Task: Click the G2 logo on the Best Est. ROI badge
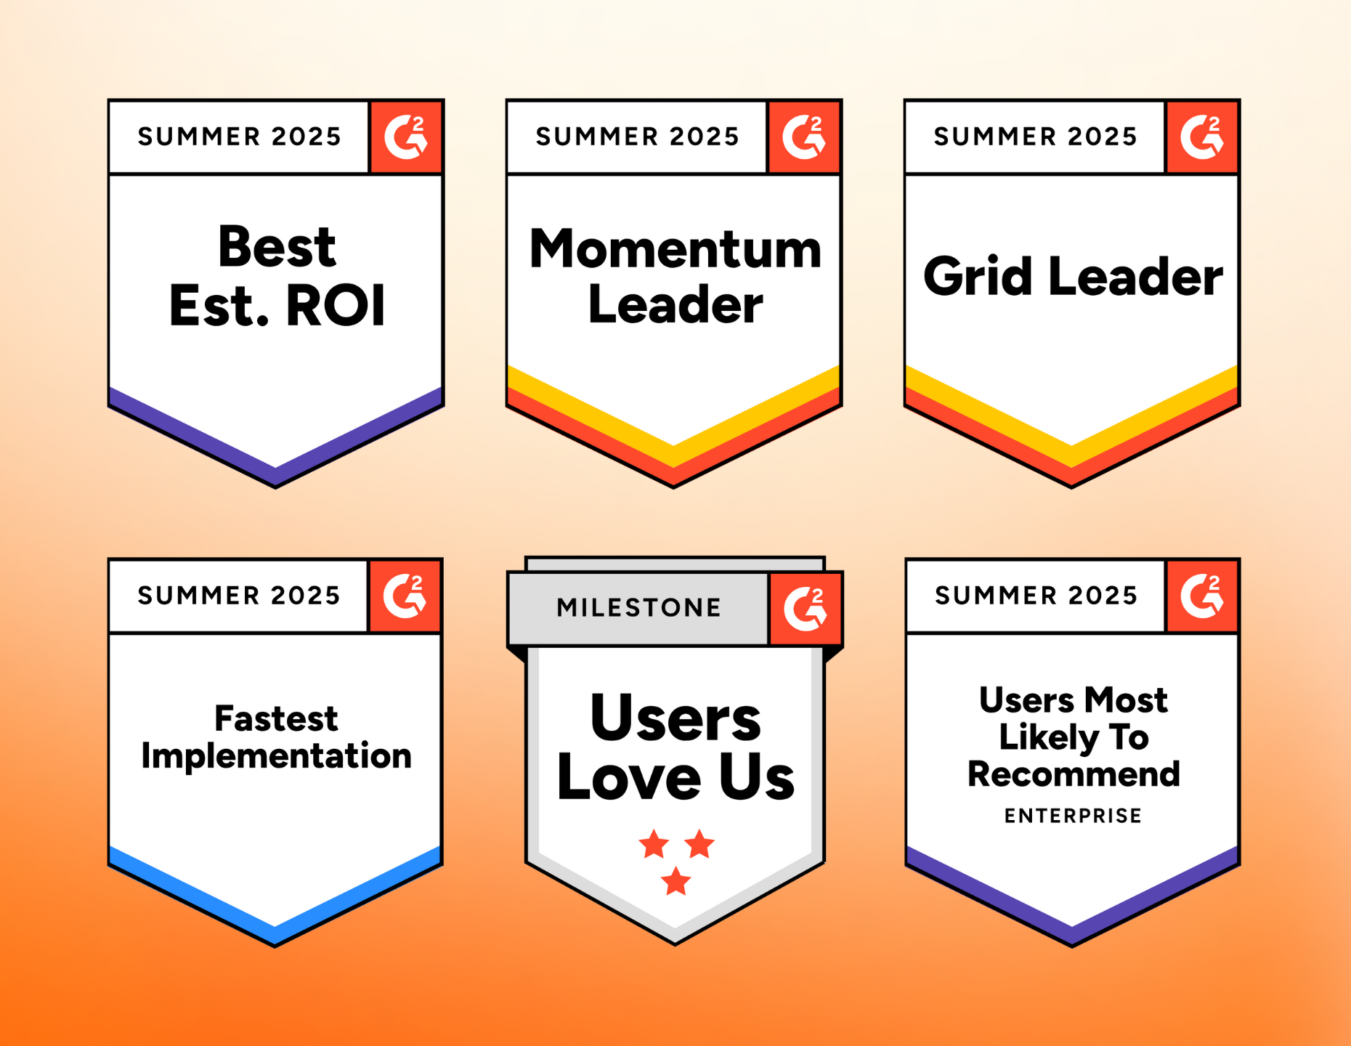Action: click(x=405, y=137)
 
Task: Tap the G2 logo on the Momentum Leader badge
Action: click(x=803, y=137)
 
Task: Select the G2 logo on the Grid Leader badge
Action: click(x=1201, y=137)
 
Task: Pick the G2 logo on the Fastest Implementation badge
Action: click(x=405, y=596)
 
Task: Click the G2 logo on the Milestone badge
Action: click(x=805, y=608)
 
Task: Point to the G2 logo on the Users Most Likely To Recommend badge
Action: click(x=1201, y=596)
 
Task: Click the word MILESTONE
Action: click(x=639, y=607)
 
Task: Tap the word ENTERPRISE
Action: click(x=1073, y=816)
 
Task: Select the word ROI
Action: click(x=336, y=306)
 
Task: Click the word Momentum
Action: click(x=675, y=249)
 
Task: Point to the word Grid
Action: click(x=978, y=277)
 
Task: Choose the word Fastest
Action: click(x=276, y=718)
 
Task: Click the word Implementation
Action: click(x=276, y=756)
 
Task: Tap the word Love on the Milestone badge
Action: click(x=629, y=778)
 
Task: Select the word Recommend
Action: click(x=1074, y=774)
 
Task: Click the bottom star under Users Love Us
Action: click(x=676, y=880)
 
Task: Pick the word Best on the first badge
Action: click(x=277, y=247)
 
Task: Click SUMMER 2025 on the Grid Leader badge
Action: click(x=1035, y=137)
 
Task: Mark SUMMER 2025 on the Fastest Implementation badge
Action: click(x=239, y=596)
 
